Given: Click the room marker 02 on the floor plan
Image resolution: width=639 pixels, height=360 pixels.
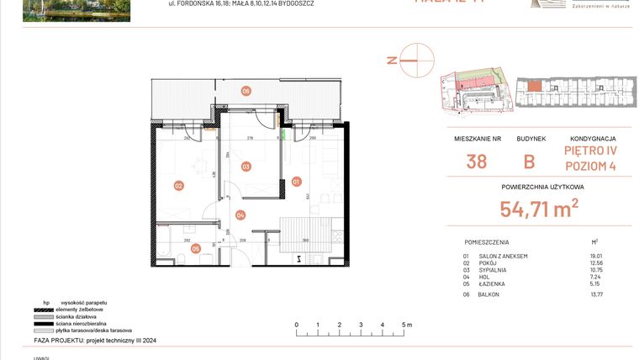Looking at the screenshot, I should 178,186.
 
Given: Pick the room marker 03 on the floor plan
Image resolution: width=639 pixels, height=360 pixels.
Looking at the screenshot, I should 246,167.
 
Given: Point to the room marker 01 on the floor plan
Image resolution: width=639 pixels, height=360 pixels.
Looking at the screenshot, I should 296,181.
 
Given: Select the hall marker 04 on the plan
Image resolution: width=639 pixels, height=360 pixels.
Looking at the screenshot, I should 240,215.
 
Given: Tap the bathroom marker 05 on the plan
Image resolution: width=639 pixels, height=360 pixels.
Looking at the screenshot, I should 195,248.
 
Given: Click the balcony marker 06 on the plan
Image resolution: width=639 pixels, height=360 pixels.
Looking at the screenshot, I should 246,91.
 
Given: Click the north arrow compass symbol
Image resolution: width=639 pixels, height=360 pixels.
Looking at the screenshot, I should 416,61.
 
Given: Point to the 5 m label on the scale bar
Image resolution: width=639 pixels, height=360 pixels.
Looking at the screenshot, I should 405,324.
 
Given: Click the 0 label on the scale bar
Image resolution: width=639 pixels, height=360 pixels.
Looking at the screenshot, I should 296,324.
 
